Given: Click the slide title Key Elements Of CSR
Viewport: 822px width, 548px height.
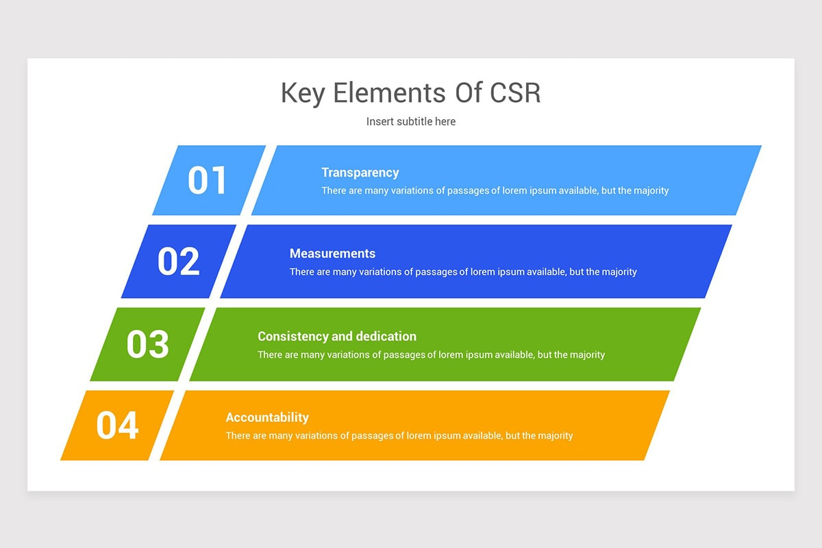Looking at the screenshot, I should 411,92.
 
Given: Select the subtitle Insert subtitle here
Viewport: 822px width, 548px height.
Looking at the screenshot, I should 411,121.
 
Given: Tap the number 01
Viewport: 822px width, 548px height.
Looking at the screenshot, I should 207,180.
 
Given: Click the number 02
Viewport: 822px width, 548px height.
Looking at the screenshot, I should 178,261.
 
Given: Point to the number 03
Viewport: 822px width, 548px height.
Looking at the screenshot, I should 147,344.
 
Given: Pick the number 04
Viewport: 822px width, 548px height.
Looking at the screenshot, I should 117,425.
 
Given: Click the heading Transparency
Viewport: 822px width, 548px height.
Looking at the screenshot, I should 360,173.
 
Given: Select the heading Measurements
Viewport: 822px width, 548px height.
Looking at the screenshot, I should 332,253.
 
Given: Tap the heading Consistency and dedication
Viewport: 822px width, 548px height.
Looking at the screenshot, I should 337,336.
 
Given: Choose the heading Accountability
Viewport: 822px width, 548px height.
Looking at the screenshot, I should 267,417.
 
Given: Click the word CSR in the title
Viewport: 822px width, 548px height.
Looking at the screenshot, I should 516,92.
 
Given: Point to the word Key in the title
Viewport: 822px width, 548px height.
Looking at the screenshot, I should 303,92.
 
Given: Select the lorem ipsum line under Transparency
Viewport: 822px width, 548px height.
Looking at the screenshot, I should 495,190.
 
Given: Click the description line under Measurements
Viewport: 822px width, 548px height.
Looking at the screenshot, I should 463,272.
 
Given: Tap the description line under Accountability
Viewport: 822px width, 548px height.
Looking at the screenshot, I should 399,436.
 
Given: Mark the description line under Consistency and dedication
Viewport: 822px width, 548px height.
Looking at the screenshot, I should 431,355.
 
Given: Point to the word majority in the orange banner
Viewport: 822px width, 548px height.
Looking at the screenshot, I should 556,436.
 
